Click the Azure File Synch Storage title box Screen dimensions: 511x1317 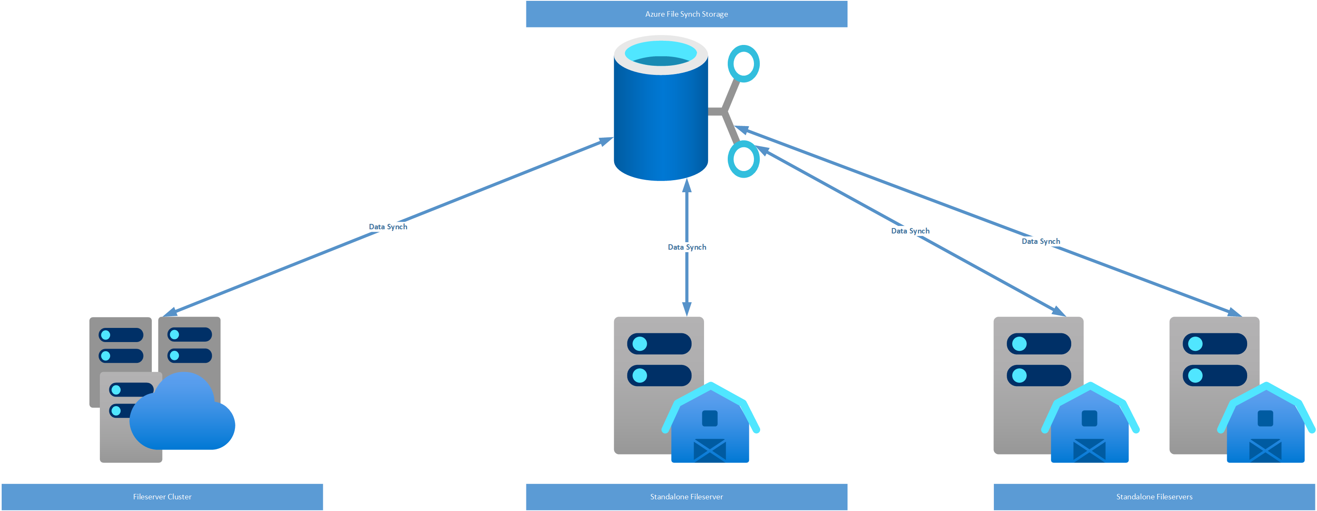pos(686,14)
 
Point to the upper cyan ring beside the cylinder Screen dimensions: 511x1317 pos(744,63)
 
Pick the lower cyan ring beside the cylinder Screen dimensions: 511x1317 pos(744,159)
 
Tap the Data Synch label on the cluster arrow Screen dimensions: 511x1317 pos(388,227)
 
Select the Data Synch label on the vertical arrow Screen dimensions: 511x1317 pos(687,247)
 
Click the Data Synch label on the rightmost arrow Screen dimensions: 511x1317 pos(1040,241)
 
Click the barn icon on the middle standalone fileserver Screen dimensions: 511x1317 pos(710,424)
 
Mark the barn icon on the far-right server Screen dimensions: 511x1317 pos(1265,424)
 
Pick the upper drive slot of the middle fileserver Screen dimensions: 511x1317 pos(659,344)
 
